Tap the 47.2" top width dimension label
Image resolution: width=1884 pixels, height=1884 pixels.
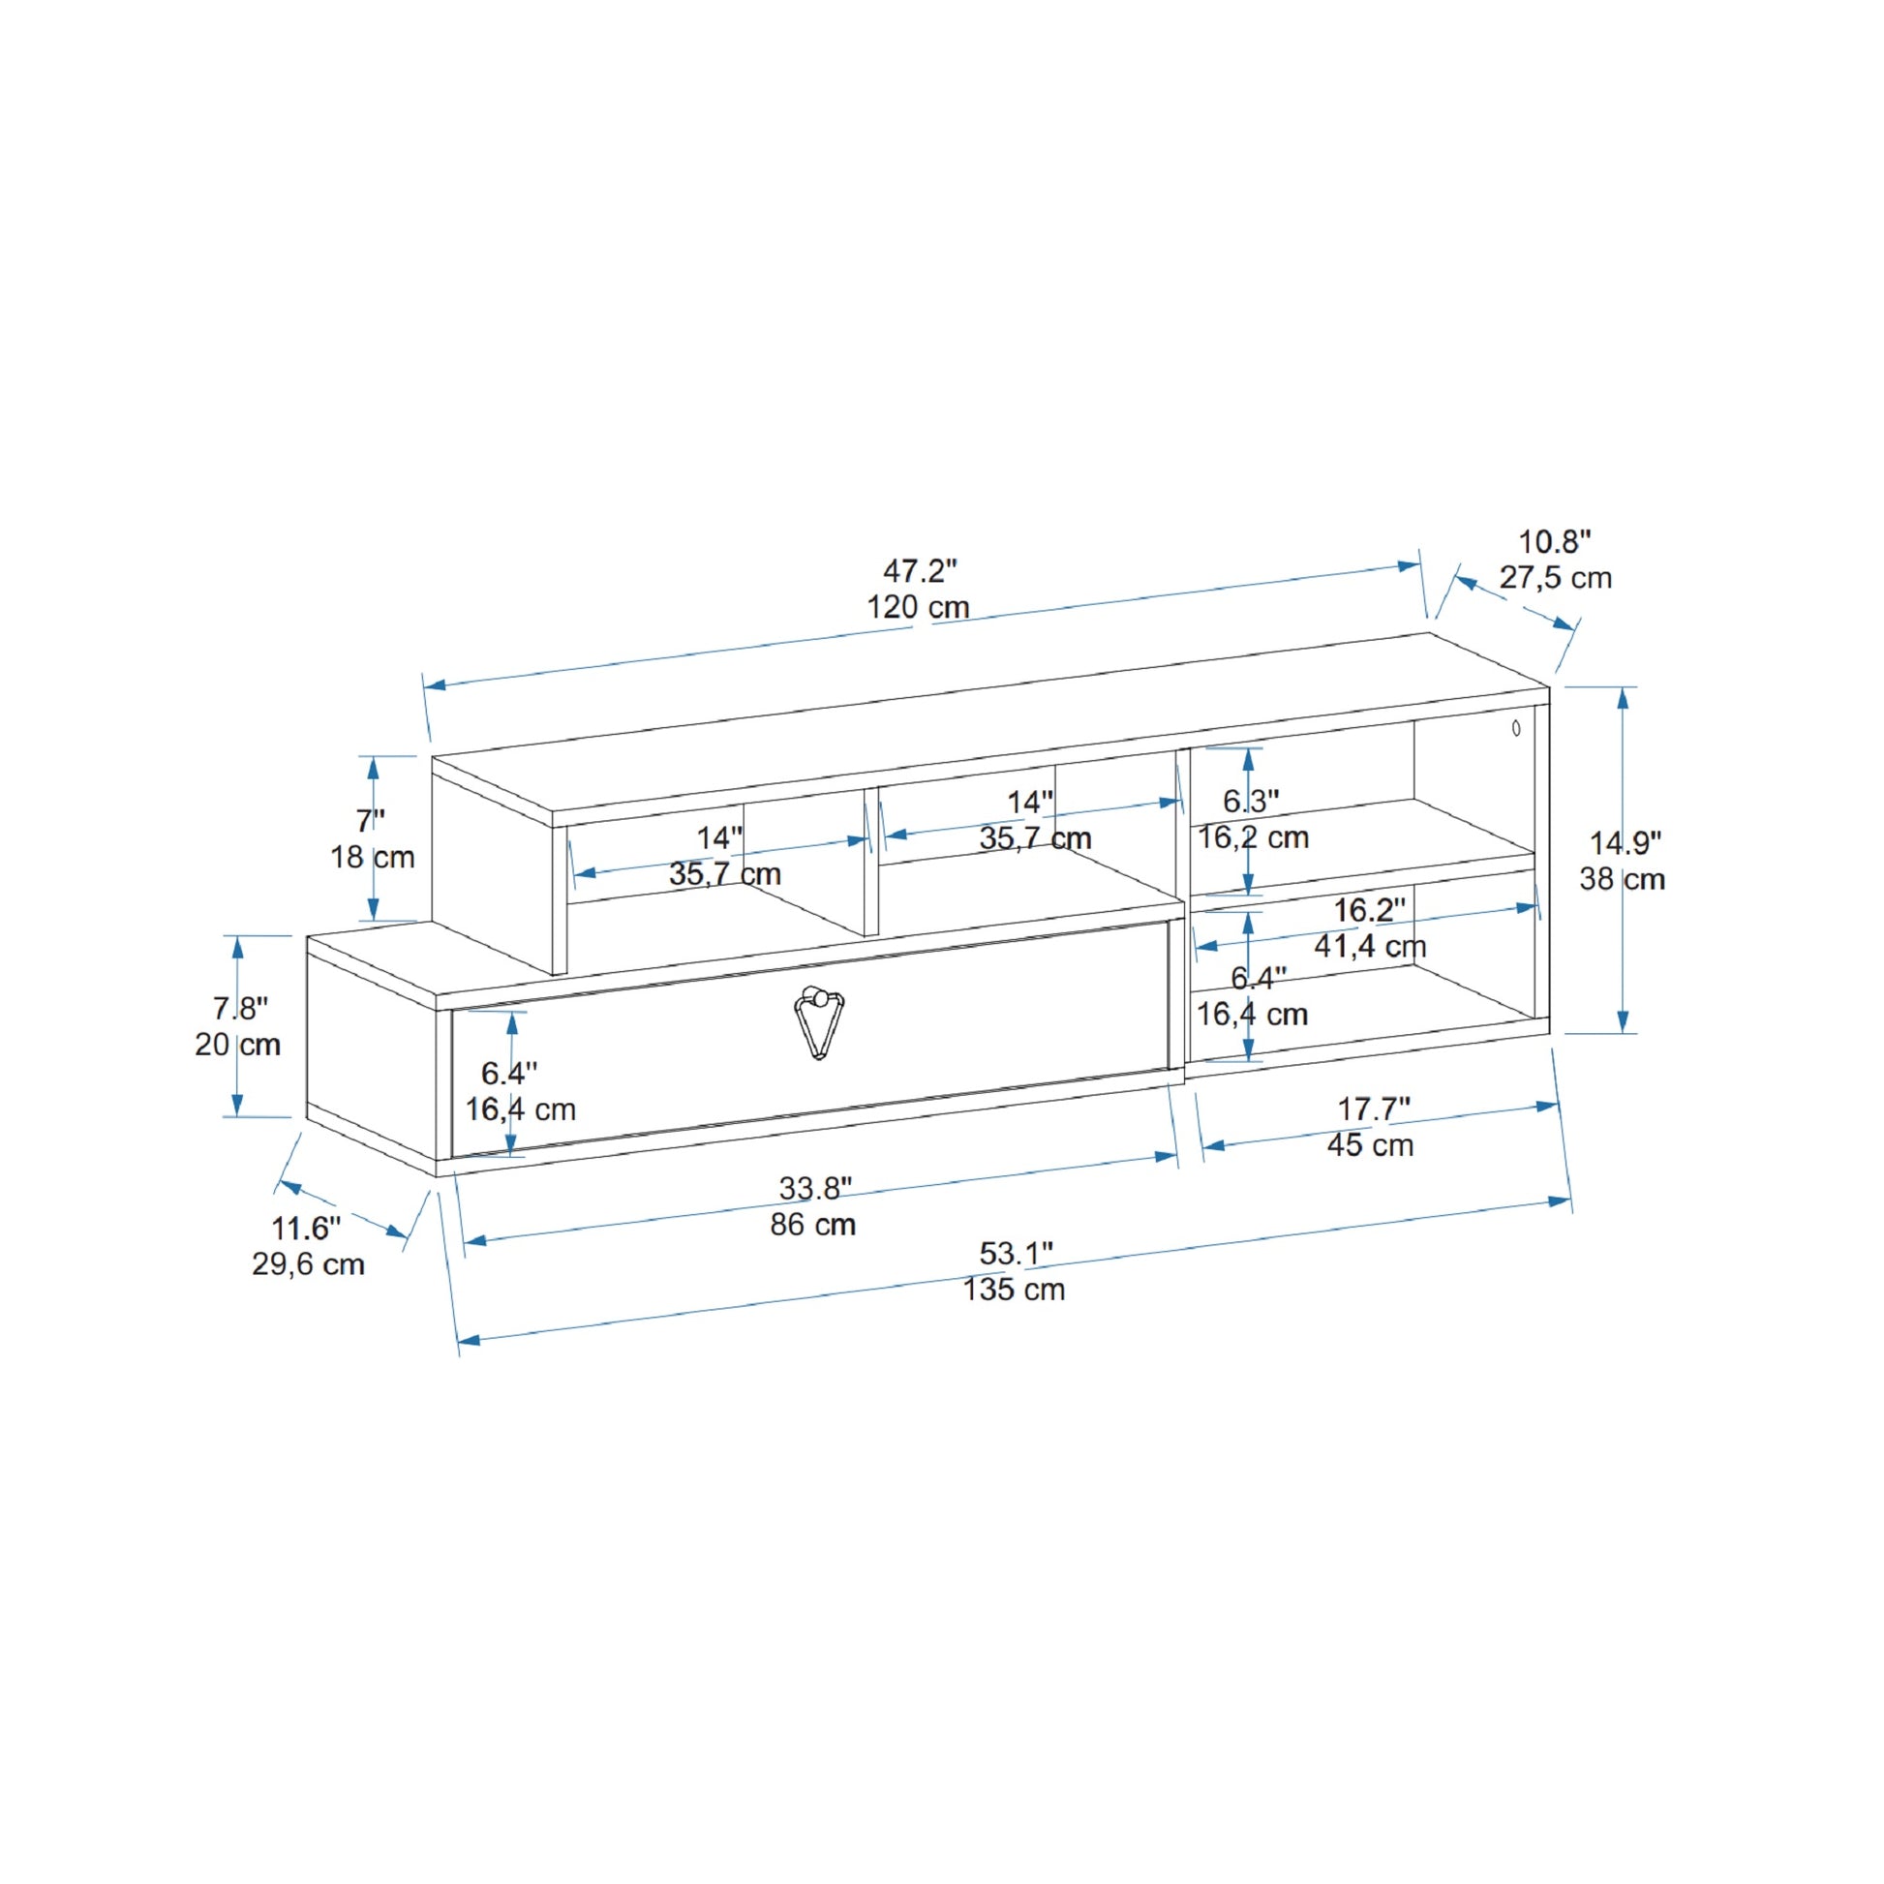[920, 569]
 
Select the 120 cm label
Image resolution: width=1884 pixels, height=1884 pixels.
[919, 608]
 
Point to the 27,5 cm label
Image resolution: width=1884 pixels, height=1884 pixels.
[1556, 578]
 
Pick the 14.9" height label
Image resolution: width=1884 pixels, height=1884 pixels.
[1626, 841]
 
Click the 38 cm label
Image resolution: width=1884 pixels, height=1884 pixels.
[1623, 879]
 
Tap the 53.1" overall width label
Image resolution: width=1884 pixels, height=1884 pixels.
[1017, 1253]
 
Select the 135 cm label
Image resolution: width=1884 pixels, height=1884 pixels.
[1015, 1291]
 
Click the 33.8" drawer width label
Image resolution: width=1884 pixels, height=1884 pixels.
[815, 1188]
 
